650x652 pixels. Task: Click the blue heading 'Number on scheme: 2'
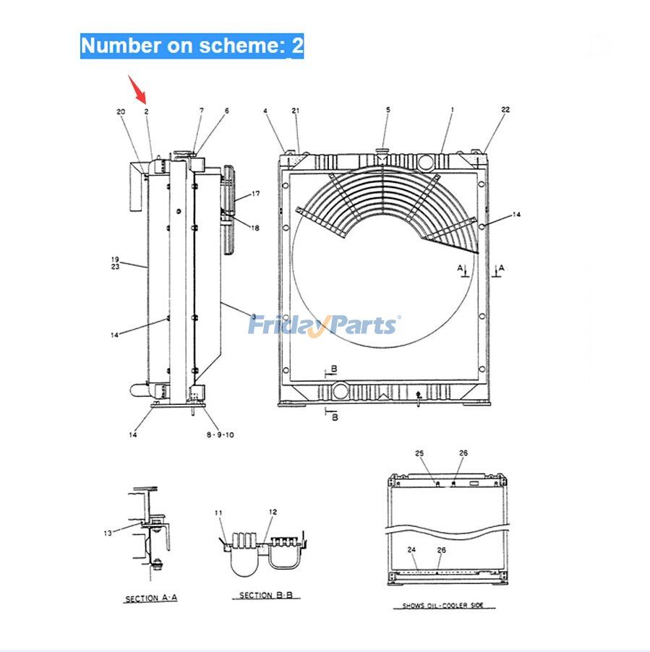(x=192, y=46)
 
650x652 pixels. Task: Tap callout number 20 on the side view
(x=121, y=111)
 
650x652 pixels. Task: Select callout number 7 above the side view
(x=202, y=111)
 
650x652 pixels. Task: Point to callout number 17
(x=255, y=194)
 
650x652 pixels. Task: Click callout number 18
(x=255, y=228)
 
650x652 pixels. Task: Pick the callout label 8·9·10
(x=220, y=434)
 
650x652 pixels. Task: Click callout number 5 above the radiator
(x=388, y=110)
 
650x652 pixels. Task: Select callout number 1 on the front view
(x=452, y=110)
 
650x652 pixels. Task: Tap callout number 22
(x=505, y=110)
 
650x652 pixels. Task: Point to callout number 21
(x=296, y=110)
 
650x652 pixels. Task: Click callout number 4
(x=265, y=111)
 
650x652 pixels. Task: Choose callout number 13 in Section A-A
(x=108, y=533)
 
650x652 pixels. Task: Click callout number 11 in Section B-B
(x=219, y=512)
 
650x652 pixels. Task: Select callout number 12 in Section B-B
(x=273, y=512)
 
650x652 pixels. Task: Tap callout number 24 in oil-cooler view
(x=411, y=549)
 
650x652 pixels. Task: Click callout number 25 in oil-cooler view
(x=419, y=453)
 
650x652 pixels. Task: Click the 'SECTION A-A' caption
(x=152, y=599)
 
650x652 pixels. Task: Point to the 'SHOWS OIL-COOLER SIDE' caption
(x=443, y=606)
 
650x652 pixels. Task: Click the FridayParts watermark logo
(x=324, y=326)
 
